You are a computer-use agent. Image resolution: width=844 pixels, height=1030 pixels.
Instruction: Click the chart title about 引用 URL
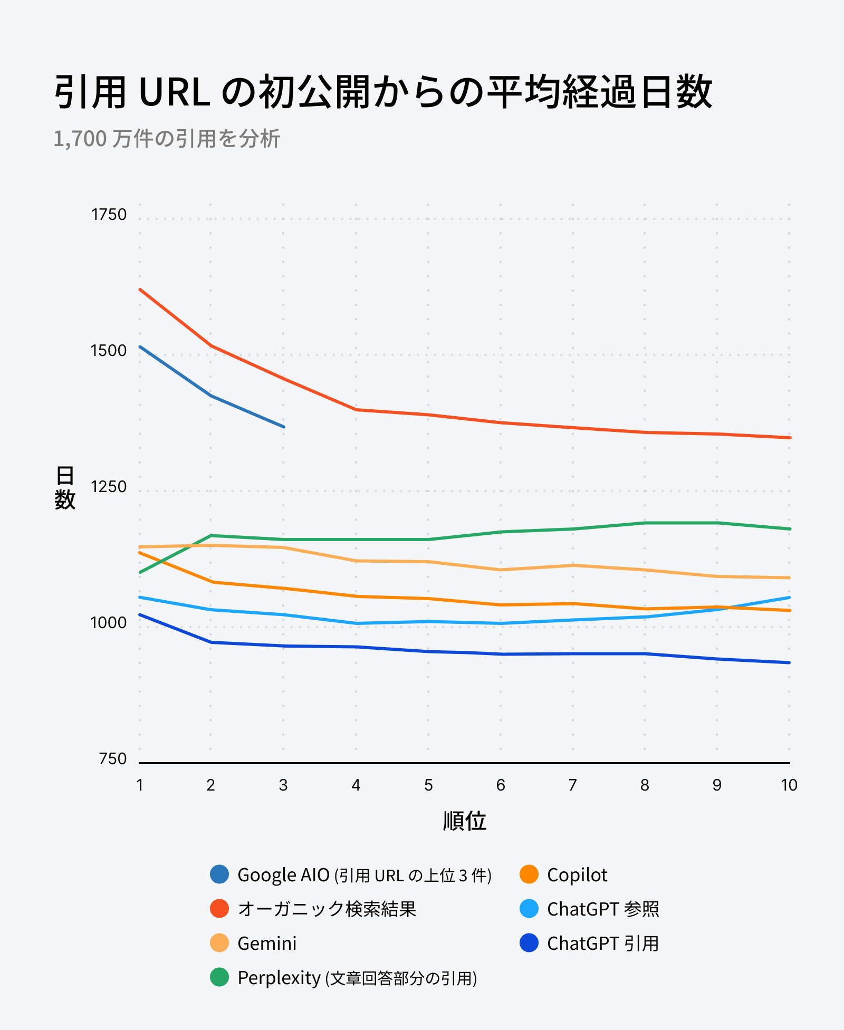pyautogui.click(x=383, y=92)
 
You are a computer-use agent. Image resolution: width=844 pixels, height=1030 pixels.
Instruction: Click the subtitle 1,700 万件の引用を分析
pyautogui.click(x=167, y=139)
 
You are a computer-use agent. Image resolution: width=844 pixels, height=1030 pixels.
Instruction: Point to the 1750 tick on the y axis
pyautogui.click(x=109, y=215)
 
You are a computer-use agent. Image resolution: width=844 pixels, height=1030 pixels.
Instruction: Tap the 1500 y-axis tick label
pyautogui.click(x=109, y=351)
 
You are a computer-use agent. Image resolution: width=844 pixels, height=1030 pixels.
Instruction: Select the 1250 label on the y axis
pyautogui.click(x=109, y=487)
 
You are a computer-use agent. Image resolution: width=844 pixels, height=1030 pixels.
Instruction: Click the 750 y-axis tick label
pyautogui.click(x=113, y=759)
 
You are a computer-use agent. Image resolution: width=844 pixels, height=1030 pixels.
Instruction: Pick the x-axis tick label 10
pyautogui.click(x=789, y=785)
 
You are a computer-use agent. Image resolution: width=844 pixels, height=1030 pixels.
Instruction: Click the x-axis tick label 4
pyautogui.click(x=356, y=785)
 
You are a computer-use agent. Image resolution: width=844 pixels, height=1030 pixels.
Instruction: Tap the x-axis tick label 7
pyautogui.click(x=573, y=785)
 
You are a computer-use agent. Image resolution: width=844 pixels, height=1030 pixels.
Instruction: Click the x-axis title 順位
pyautogui.click(x=464, y=821)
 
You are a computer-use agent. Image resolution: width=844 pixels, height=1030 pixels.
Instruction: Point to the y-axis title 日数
pyautogui.click(x=65, y=488)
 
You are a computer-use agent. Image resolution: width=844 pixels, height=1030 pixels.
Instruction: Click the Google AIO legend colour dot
pyautogui.click(x=219, y=874)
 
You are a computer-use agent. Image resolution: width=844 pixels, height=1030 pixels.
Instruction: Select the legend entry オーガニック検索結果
pyautogui.click(x=327, y=909)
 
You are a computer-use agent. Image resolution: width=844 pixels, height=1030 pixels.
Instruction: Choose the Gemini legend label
pyautogui.click(x=267, y=943)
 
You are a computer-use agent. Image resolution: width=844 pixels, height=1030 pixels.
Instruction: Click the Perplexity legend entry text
pyautogui.click(x=357, y=978)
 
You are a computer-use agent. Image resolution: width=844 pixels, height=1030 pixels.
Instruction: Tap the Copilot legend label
pyautogui.click(x=577, y=875)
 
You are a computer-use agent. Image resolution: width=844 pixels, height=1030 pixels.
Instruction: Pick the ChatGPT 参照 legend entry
pyautogui.click(x=603, y=909)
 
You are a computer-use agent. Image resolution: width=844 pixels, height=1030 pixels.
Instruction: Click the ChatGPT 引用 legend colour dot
pyautogui.click(x=529, y=943)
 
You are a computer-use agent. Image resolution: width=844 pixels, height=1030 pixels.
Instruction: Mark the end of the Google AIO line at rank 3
pyautogui.click(x=284, y=427)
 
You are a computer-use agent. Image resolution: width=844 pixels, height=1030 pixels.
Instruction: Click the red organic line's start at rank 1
pyautogui.click(x=140, y=289)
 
